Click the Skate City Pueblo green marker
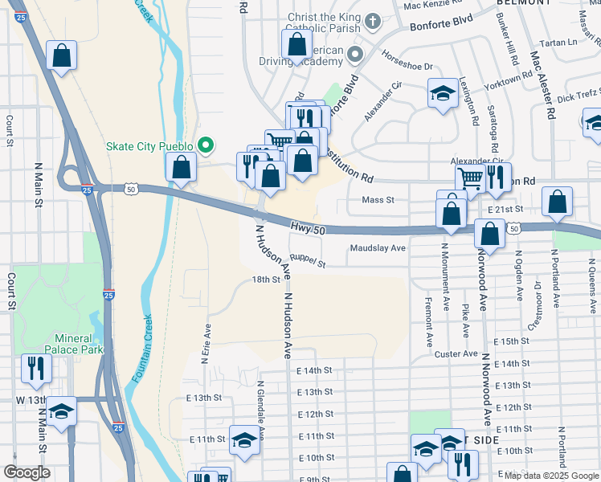206,145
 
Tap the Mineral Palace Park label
80,344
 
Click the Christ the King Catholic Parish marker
372,20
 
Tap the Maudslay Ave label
378,248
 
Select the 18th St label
266,280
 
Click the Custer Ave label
456,353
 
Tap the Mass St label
378,199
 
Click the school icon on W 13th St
61,411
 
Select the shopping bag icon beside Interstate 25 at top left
61,56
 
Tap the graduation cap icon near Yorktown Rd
442,93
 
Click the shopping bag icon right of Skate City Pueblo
181,167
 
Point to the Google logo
27,472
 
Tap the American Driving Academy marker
356,55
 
